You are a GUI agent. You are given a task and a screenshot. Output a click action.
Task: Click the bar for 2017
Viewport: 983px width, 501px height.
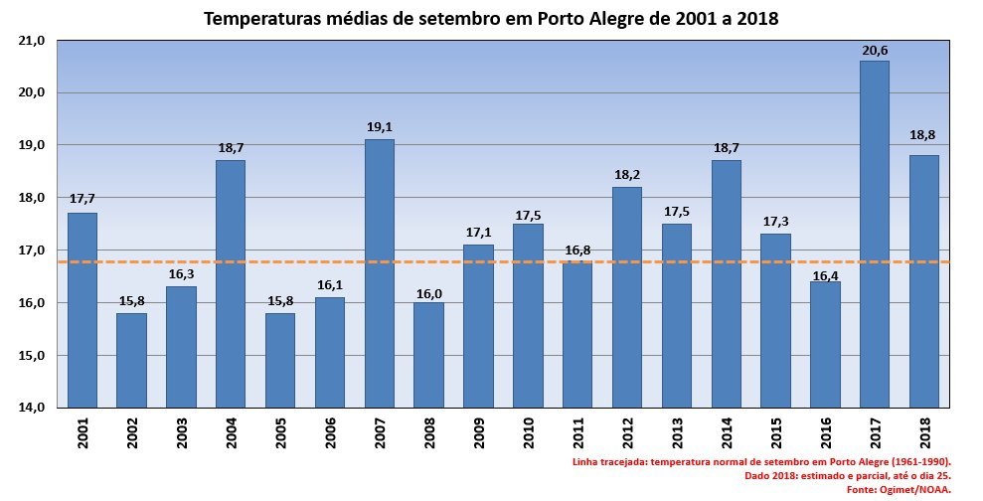875,234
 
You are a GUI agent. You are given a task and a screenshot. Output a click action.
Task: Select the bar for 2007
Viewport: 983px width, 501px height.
379,273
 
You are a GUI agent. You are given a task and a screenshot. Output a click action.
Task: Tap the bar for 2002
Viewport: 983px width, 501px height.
131,360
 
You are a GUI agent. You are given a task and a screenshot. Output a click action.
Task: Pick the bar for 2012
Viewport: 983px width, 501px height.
627,297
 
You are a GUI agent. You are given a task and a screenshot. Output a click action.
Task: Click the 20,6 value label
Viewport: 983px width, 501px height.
875,50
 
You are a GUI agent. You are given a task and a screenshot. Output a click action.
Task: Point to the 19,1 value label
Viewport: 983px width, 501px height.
379,127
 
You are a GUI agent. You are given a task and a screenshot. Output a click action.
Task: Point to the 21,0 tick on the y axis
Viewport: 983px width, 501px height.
32,41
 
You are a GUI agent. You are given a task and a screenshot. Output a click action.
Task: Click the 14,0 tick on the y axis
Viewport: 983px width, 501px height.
32,408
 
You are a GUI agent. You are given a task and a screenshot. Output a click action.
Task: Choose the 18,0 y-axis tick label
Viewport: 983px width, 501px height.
32,198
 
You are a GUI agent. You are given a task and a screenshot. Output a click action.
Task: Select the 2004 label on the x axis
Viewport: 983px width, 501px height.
232,435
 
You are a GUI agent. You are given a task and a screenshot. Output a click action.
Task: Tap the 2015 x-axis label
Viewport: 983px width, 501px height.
776,435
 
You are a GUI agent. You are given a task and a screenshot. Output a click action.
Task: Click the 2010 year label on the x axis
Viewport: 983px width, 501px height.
529,435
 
